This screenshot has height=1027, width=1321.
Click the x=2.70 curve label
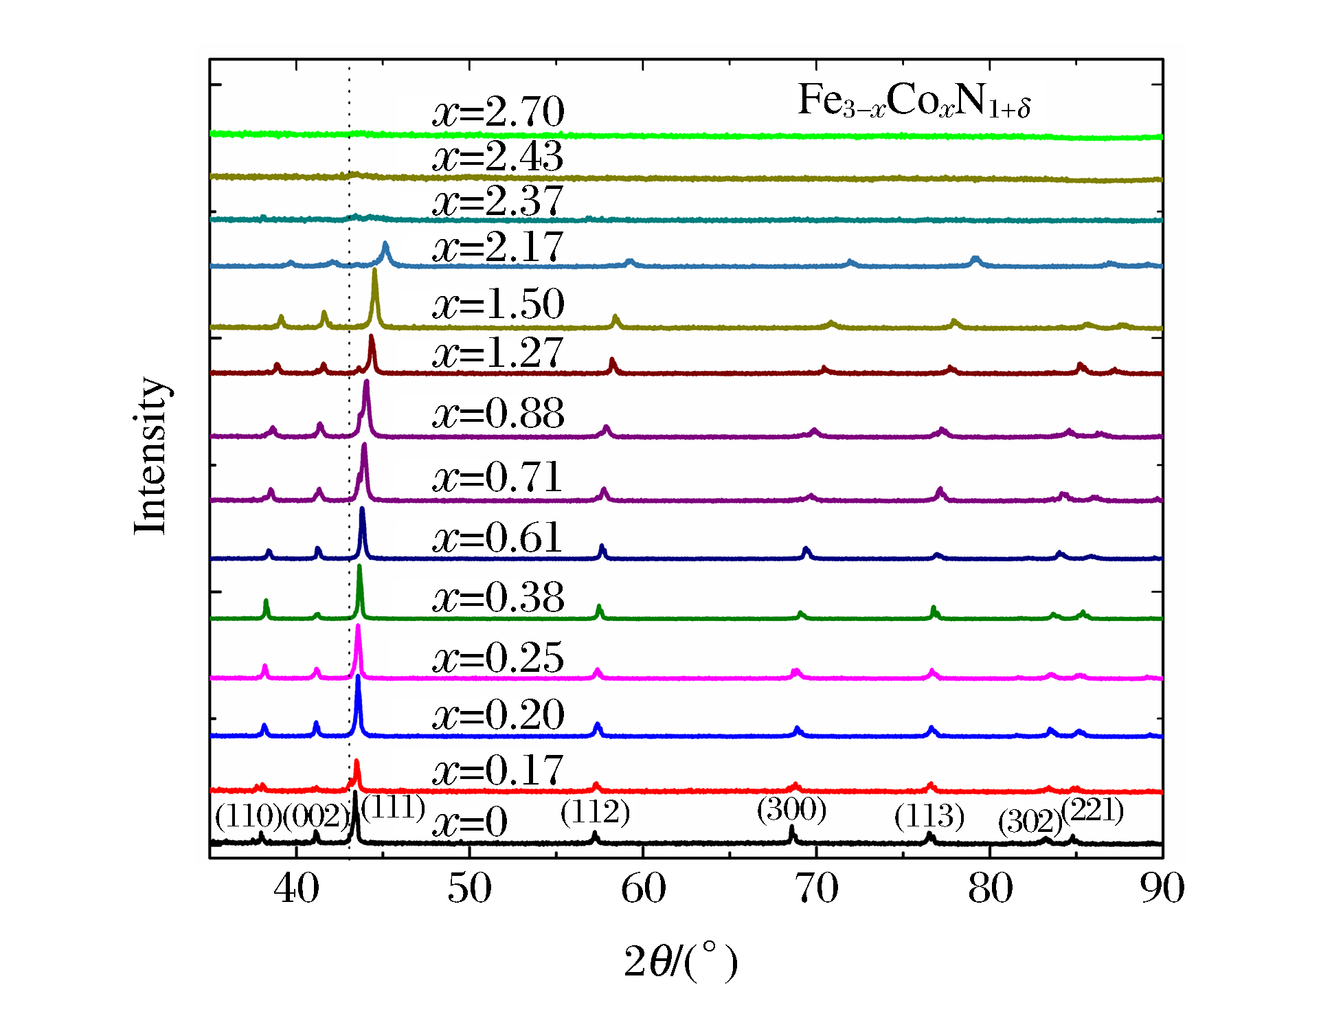point(498,111)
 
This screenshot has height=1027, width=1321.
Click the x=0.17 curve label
point(498,770)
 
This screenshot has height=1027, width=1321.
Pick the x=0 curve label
point(470,822)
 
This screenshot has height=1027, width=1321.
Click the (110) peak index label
point(248,816)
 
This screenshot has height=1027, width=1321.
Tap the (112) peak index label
point(595,813)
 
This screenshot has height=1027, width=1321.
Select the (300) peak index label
point(791,809)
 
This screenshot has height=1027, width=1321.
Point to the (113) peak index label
point(929,816)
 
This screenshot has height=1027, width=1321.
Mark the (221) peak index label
point(1092,811)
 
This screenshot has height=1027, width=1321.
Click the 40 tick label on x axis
point(296,888)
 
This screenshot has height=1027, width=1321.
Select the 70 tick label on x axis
point(816,888)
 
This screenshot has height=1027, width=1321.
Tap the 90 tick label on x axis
point(1162,888)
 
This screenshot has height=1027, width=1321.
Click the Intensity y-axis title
point(150,455)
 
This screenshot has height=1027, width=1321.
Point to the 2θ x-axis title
point(680,961)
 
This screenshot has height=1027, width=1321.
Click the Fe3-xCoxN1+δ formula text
point(914,101)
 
